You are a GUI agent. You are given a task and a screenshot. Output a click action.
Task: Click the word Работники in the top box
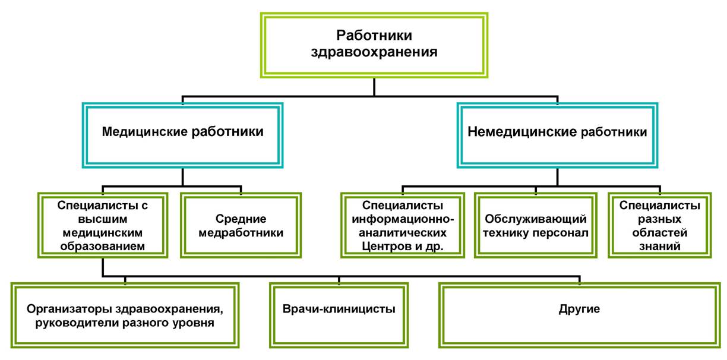point(374,36)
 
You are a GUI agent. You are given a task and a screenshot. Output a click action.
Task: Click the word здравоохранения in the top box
point(374,52)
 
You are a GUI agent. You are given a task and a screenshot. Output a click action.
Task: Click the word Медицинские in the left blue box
point(145,132)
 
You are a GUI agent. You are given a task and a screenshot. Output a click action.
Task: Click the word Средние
point(241,219)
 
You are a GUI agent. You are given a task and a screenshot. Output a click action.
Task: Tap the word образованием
point(103,247)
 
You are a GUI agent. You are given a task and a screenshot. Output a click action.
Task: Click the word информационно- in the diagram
point(403,219)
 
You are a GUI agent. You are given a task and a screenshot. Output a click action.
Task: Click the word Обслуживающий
point(536,219)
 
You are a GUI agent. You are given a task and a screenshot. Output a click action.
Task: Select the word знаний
point(660,247)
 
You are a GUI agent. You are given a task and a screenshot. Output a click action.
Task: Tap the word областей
point(660,233)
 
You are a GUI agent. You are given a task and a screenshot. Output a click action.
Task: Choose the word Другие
point(579,309)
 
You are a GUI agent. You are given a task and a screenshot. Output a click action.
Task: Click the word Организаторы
point(69,309)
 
